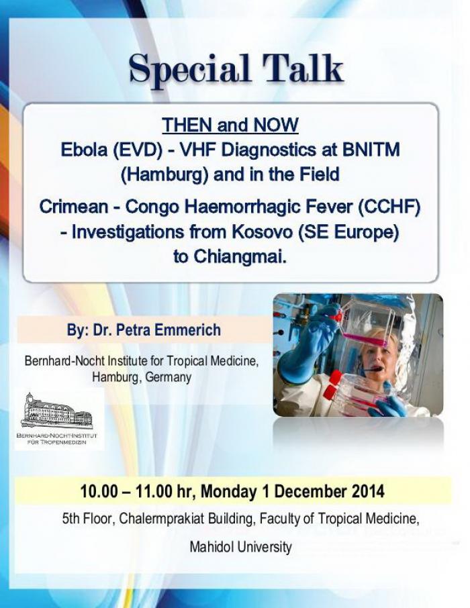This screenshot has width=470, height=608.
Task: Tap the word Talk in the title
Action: [x=303, y=68]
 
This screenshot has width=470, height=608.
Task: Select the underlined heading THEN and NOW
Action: [x=230, y=125]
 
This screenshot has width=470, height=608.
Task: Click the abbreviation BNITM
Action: [x=371, y=150]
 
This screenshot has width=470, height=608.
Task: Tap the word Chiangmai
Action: [x=240, y=257]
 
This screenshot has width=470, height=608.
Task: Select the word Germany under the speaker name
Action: [x=168, y=377]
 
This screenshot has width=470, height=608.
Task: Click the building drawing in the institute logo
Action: [x=56, y=411]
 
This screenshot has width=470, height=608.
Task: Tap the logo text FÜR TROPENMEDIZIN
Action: [x=56, y=442]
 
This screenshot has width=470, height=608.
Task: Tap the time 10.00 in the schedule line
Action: [x=99, y=492]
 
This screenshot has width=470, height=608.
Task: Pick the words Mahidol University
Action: [x=240, y=547]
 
